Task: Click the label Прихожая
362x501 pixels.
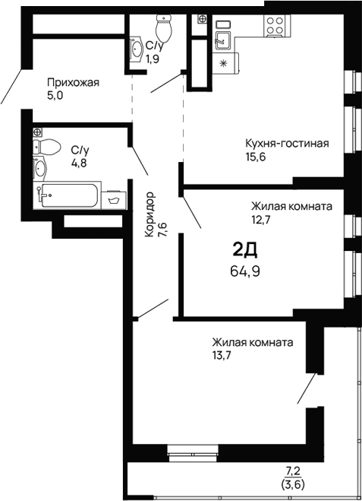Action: (73, 82)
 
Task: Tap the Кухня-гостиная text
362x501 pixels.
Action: (286, 144)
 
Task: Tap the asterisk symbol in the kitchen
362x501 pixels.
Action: (223, 64)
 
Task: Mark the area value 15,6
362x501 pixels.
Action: (257, 158)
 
